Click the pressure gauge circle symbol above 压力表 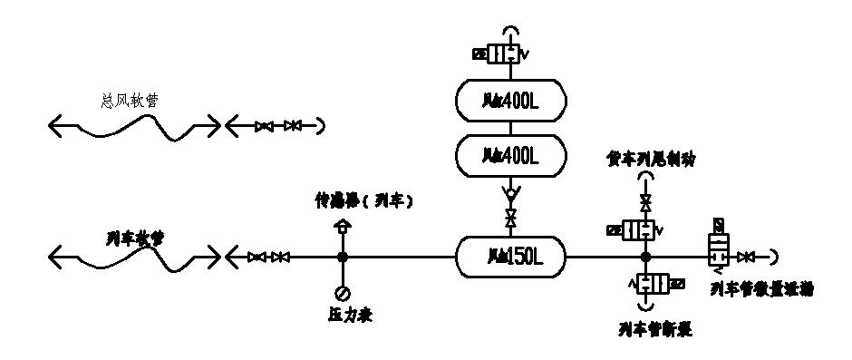coord(343,292)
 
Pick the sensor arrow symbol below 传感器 coord(343,227)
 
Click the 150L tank coord(509,258)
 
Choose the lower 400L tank coord(509,157)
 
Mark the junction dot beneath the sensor coord(343,258)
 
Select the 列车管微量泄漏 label coord(760,289)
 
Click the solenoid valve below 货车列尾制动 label coord(640,230)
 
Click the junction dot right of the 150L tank coord(645,258)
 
